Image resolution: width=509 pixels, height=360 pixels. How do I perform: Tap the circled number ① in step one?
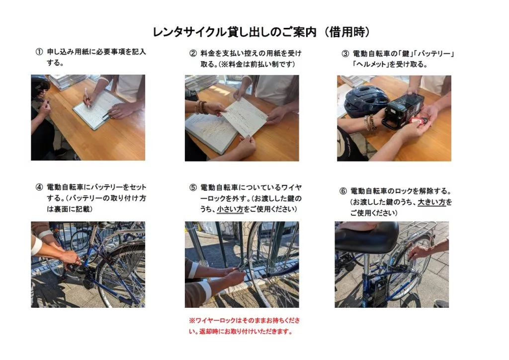click(39, 52)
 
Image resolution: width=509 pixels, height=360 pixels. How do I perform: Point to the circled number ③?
click(345, 54)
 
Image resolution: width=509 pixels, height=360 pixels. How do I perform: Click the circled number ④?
click(39, 187)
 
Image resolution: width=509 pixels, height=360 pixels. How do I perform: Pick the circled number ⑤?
click(193, 187)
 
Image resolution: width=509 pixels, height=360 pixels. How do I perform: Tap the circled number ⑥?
click(343, 191)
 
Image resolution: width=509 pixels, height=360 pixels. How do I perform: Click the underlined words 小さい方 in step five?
click(230, 209)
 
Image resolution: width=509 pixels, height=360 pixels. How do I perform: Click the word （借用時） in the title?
click(345, 32)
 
